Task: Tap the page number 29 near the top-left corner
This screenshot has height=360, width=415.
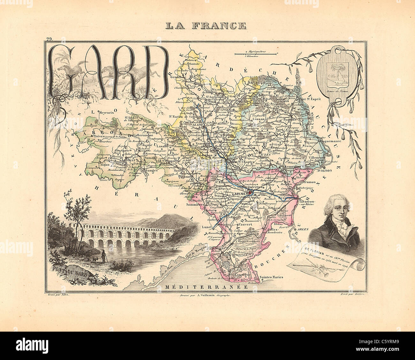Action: (x=49, y=39)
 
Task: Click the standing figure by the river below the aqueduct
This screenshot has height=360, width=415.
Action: (x=102, y=257)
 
